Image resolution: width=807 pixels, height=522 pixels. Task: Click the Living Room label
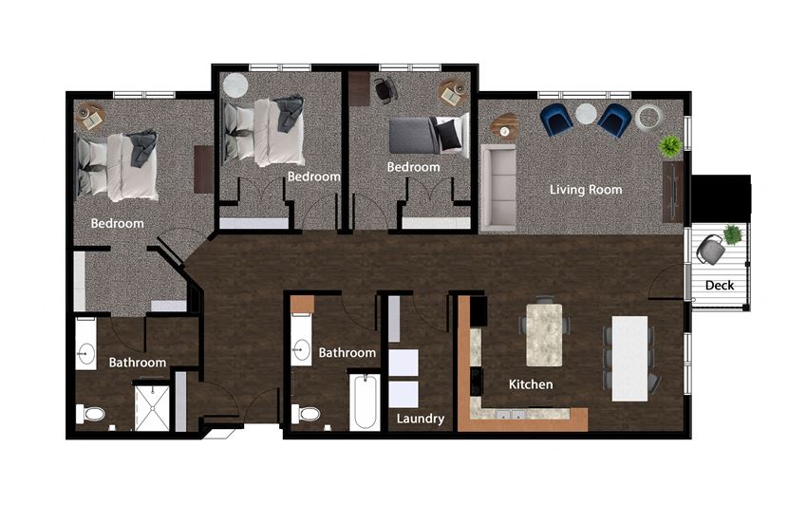point(586,190)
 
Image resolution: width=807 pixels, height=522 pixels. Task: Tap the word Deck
point(719,286)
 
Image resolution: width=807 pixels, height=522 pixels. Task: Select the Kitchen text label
point(531,384)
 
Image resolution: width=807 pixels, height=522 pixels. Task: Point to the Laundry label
point(421,419)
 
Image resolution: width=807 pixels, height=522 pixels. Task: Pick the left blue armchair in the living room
point(557,120)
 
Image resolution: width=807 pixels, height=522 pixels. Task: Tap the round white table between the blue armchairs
point(586,114)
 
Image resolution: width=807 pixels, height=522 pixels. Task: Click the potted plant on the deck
point(732,233)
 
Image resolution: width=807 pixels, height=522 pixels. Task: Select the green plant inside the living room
point(670,145)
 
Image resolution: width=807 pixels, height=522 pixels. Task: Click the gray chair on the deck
point(710,251)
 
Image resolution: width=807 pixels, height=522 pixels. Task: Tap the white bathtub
point(364,402)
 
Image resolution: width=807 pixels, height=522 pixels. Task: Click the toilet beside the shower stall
point(91,414)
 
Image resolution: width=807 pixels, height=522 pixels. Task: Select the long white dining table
point(629,357)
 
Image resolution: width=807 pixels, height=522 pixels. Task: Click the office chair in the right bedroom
point(385,90)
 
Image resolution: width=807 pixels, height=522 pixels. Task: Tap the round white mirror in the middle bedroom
point(234,85)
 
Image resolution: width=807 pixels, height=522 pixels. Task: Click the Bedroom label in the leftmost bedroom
point(117,224)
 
